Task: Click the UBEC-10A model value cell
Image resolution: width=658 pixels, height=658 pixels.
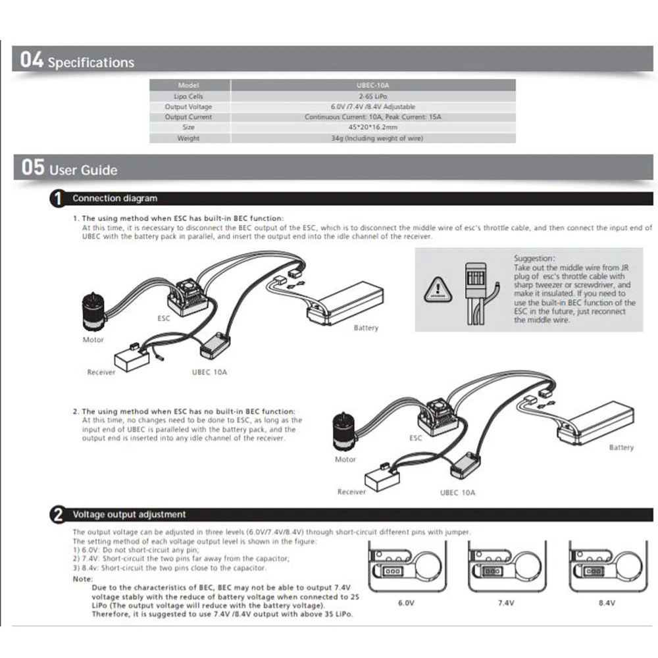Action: coord(372,85)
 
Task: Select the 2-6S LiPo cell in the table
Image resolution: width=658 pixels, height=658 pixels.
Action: coord(372,96)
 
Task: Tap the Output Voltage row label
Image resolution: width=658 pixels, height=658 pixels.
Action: coord(188,107)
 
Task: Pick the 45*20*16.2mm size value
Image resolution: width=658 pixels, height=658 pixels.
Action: coord(372,127)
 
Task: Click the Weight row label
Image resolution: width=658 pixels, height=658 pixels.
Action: coord(188,138)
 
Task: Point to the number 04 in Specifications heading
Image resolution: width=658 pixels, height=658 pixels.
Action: coord(32,61)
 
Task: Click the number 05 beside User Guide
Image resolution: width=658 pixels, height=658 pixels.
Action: coord(33,168)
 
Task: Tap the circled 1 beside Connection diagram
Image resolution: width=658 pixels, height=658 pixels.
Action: coord(59,198)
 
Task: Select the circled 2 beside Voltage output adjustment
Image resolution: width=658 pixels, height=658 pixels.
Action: coord(59,515)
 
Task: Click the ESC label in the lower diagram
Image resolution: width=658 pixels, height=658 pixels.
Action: coord(415,437)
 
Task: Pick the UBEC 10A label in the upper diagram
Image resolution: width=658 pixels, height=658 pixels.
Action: coord(209,372)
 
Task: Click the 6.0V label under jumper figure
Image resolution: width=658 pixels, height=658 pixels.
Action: coord(406,602)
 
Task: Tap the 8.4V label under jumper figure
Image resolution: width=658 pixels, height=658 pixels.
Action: coord(606,602)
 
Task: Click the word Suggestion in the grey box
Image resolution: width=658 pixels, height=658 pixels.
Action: coord(534,259)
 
